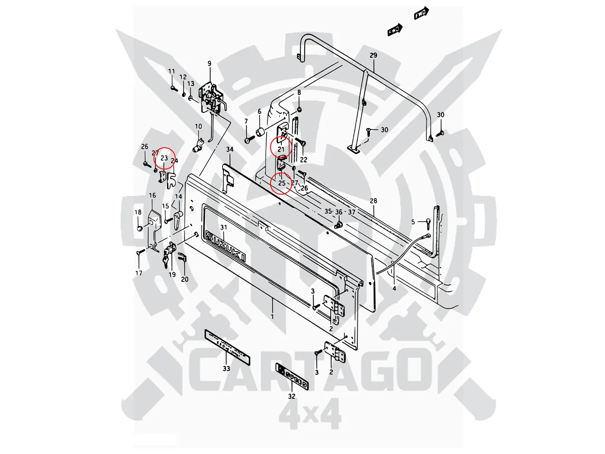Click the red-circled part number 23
tap(164, 158)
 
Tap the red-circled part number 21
tap(281, 150)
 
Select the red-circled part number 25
tap(282, 183)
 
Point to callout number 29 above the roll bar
tap(373, 55)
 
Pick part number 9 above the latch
tap(210, 64)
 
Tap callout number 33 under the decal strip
tap(226, 369)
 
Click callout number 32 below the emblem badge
tap(292, 396)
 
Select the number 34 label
tap(230, 150)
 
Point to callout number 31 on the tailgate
tap(223, 227)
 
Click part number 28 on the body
tap(373, 201)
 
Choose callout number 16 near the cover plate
tap(153, 195)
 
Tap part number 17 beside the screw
tap(139, 273)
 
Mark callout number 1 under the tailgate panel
tap(273, 317)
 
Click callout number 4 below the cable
tap(394, 288)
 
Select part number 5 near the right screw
tap(413, 222)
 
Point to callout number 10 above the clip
tap(198, 127)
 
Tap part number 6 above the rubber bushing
tap(260, 112)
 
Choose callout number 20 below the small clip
tap(185, 279)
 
